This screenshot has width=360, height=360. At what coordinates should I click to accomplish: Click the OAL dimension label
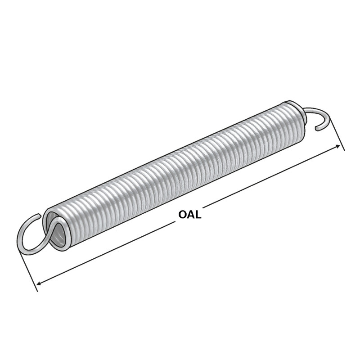pyautogui.click(x=189, y=214)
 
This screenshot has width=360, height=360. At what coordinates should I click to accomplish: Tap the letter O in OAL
pyautogui.click(x=182, y=214)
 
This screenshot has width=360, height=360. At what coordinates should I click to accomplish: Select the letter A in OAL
pyautogui.click(x=190, y=214)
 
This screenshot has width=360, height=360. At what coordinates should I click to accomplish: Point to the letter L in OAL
pyautogui.click(x=198, y=214)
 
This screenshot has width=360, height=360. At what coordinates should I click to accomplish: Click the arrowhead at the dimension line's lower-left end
pyautogui.click(x=40, y=283)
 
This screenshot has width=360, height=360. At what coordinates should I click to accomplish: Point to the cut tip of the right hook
pyautogui.click(x=317, y=129)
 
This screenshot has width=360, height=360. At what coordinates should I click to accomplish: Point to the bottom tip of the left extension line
pyautogui.click(x=37, y=291)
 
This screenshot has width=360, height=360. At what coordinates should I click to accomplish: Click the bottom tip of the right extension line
pyautogui.click(x=344, y=150)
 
